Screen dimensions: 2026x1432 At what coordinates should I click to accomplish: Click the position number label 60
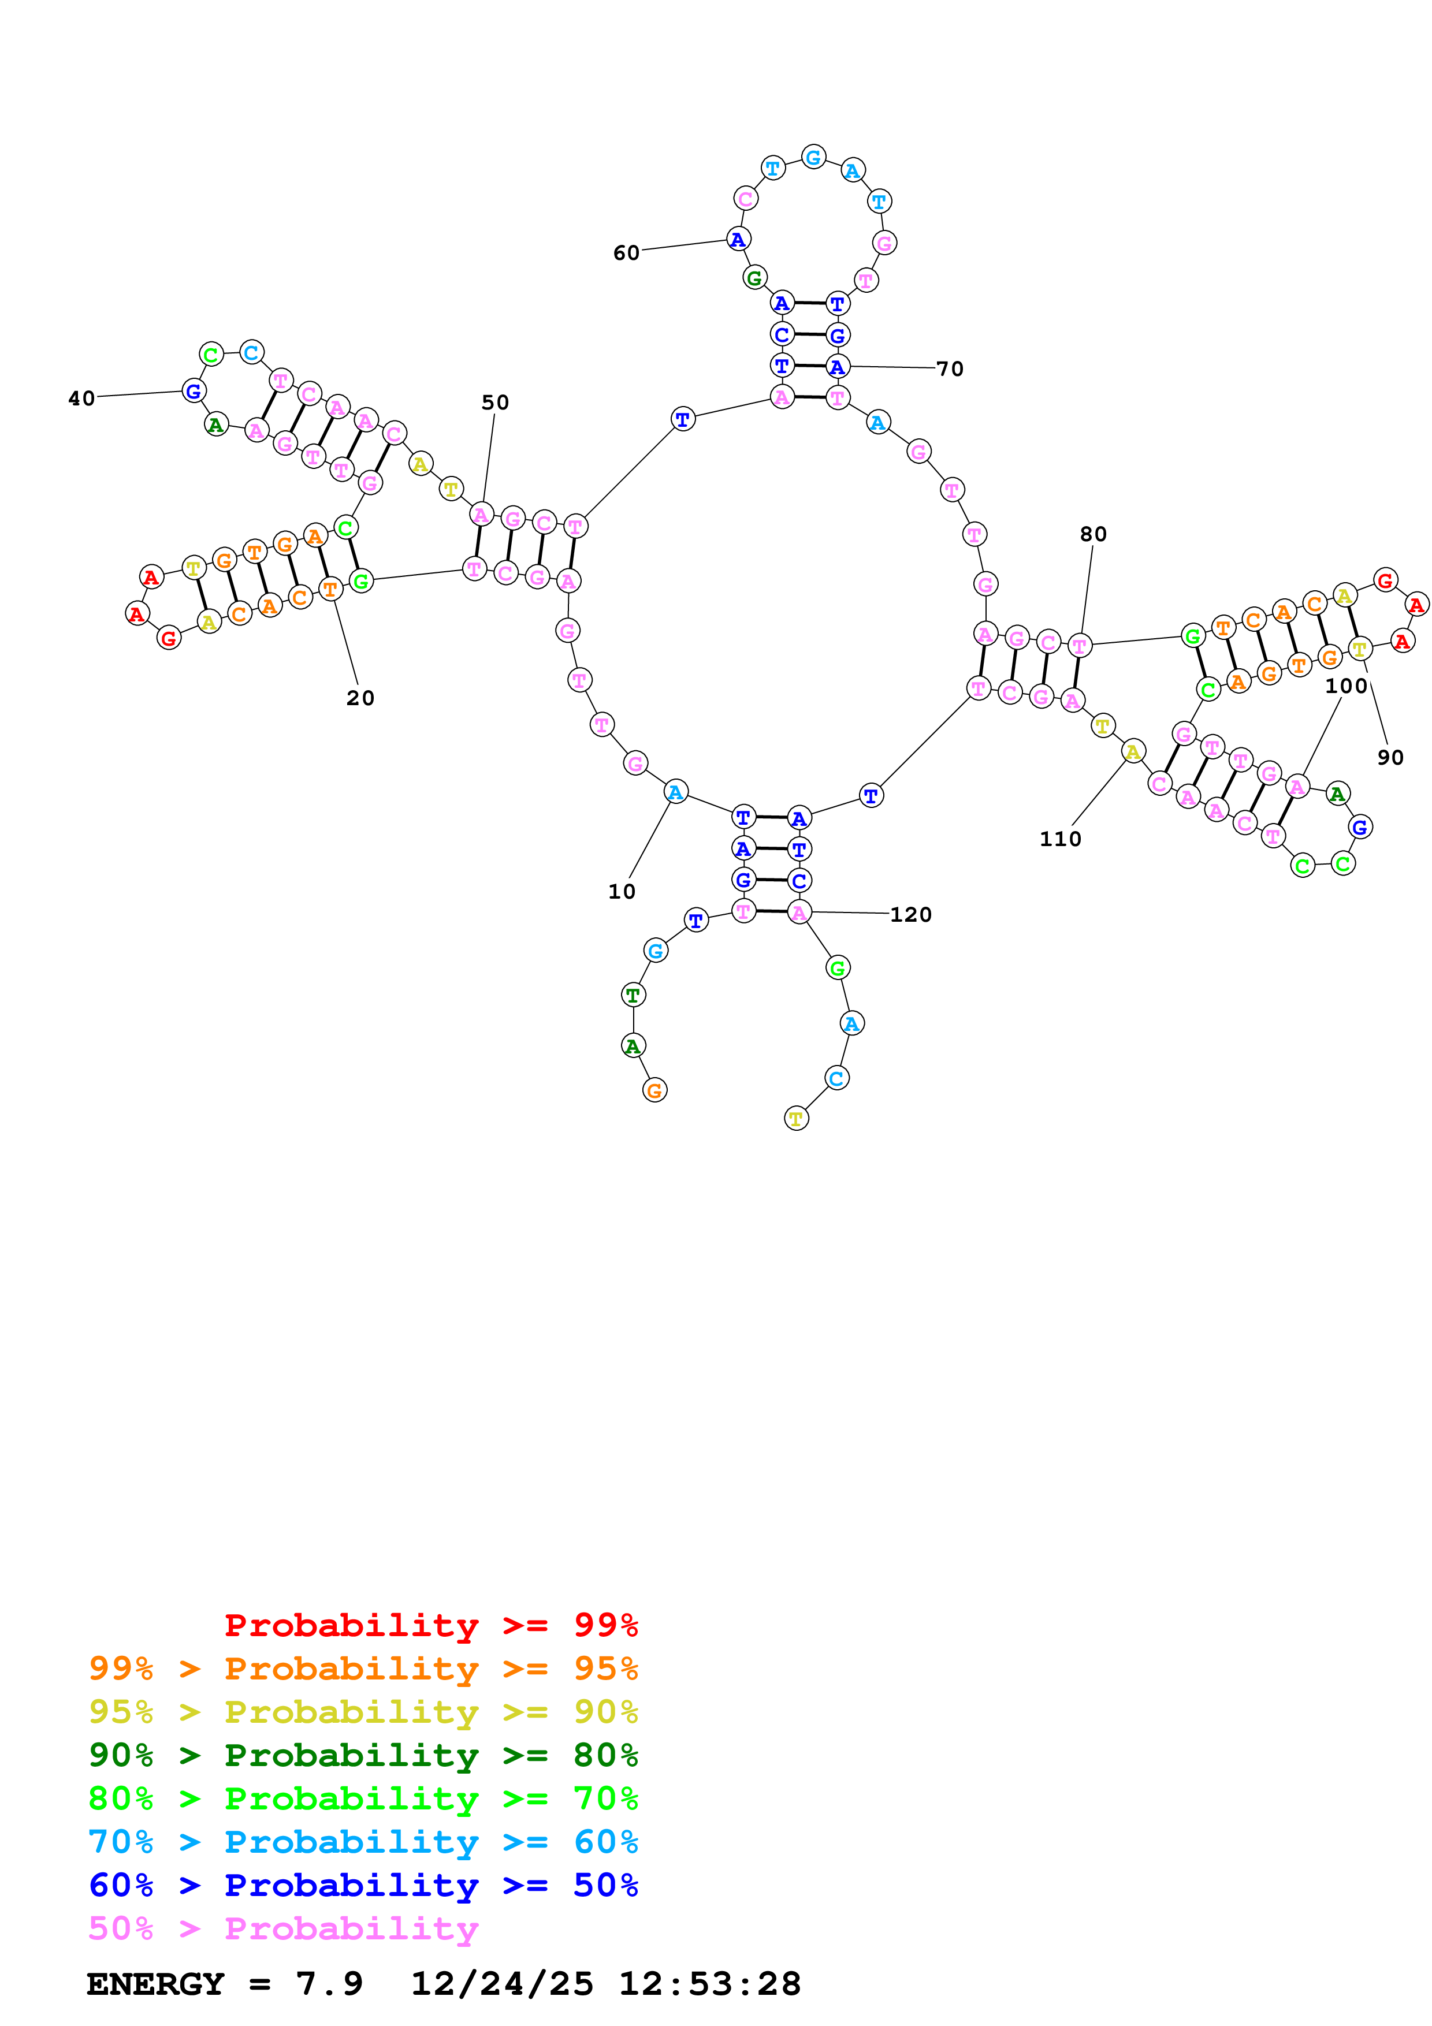point(626,253)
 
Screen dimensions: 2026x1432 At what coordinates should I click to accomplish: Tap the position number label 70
point(950,369)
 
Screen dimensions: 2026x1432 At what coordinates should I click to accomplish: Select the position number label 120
point(910,915)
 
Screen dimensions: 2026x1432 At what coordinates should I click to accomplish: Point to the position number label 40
point(81,399)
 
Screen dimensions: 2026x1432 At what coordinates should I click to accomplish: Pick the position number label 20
point(360,698)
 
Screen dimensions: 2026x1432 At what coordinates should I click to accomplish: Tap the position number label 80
point(1093,534)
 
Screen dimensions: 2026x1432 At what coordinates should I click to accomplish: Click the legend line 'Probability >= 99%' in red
point(430,1625)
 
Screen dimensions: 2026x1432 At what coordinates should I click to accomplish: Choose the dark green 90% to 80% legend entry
point(363,1755)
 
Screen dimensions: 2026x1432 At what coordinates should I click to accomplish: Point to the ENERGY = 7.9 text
point(224,1984)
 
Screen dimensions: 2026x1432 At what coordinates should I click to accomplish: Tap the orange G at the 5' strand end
point(654,1090)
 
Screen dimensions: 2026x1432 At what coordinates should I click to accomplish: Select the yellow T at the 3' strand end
point(796,1119)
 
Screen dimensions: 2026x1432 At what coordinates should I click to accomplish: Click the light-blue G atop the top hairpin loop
point(813,157)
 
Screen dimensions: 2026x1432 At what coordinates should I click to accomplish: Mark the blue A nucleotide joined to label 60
point(738,239)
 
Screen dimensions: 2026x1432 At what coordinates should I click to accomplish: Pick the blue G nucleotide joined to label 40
point(194,391)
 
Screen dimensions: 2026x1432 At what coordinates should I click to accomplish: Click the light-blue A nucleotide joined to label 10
point(675,792)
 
